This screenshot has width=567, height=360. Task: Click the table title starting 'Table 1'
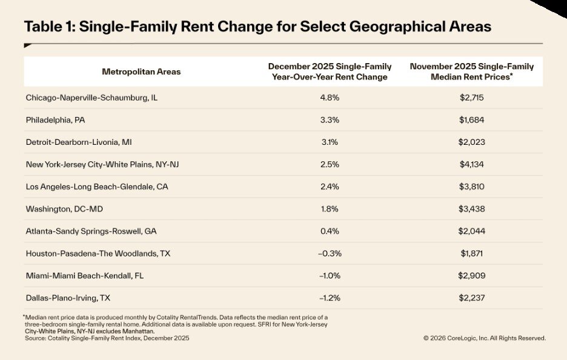[257, 27]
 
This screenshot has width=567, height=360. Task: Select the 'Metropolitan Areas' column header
[141, 72]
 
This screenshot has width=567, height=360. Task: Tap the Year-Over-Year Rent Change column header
[330, 72]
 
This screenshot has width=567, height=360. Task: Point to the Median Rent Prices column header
[476, 72]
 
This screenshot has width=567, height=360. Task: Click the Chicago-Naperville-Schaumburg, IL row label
[94, 98]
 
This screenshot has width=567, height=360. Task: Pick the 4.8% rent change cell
[330, 98]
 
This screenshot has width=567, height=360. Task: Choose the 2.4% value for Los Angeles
[330, 187]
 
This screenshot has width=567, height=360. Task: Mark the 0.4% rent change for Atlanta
[330, 231]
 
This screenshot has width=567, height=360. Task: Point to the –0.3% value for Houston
[330, 253]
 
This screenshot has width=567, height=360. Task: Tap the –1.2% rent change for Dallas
[330, 298]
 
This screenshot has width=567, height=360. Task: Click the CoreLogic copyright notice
[484, 338]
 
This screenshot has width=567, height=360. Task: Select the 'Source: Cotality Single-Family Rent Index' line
[107, 338]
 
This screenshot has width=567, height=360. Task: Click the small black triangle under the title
[28, 45]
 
